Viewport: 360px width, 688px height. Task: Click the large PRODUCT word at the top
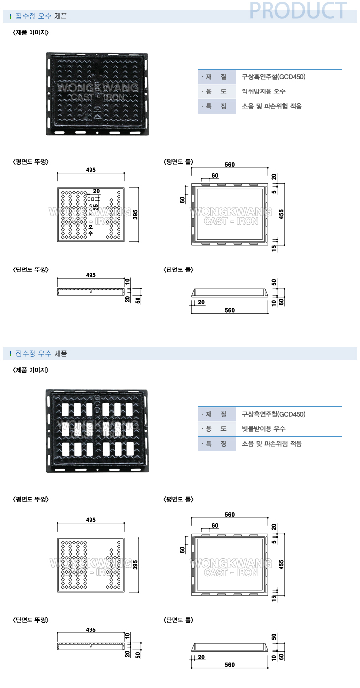tap(298, 10)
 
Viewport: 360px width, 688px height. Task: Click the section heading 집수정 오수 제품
tap(41, 16)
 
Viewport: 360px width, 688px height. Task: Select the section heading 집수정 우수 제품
tap(41, 353)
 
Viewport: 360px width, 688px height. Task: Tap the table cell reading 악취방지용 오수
tap(264, 91)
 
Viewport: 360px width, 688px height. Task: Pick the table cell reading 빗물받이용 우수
tap(264, 429)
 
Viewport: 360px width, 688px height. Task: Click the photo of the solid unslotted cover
tap(97, 93)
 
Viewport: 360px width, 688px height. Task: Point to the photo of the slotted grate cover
tap(97, 430)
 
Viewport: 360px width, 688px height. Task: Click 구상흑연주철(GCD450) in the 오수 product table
tap(274, 77)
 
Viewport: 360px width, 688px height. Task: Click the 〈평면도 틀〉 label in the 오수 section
tap(179, 161)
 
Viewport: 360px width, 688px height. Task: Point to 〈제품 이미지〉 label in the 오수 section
tap(30, 33)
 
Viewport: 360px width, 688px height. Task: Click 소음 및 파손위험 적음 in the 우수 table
tap(272, 444)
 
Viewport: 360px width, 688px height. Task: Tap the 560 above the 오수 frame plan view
tap(229, 165)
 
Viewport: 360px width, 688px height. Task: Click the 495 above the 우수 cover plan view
tap(90, 520)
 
